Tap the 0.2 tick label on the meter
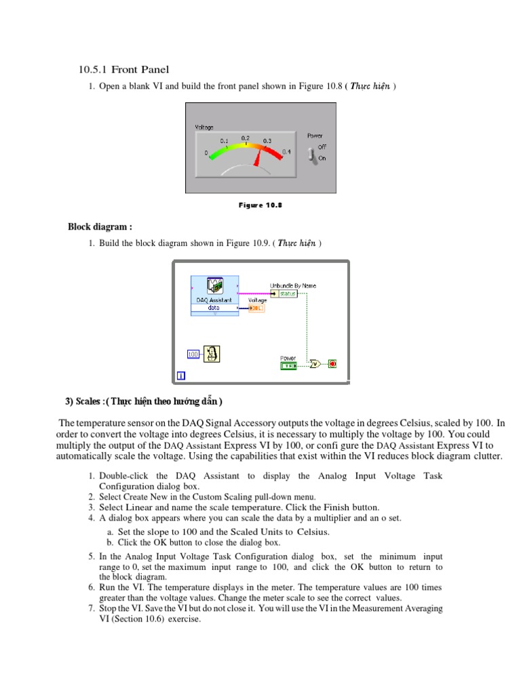(x=246, y=138)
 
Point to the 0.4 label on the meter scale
(x=286, y=152)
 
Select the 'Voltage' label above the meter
(x=204, y=127)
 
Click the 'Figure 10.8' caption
(x=260, y=205)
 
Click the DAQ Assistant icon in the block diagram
(x=214, y=287)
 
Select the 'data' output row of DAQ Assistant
(x=214, y=307)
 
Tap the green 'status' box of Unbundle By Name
(x=287, y=294)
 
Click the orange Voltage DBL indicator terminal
(x=257, y=308)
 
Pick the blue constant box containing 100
(x=193, y=354)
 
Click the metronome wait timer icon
(x=212, y=354)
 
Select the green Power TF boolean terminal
(x=288, y=365)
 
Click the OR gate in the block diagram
(x=315, y=364)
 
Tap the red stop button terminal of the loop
(x=332, y=364)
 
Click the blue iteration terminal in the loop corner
(x=180, y=375)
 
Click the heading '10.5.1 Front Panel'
(x=123, y=70)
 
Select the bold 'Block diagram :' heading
(x=95, y=226)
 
